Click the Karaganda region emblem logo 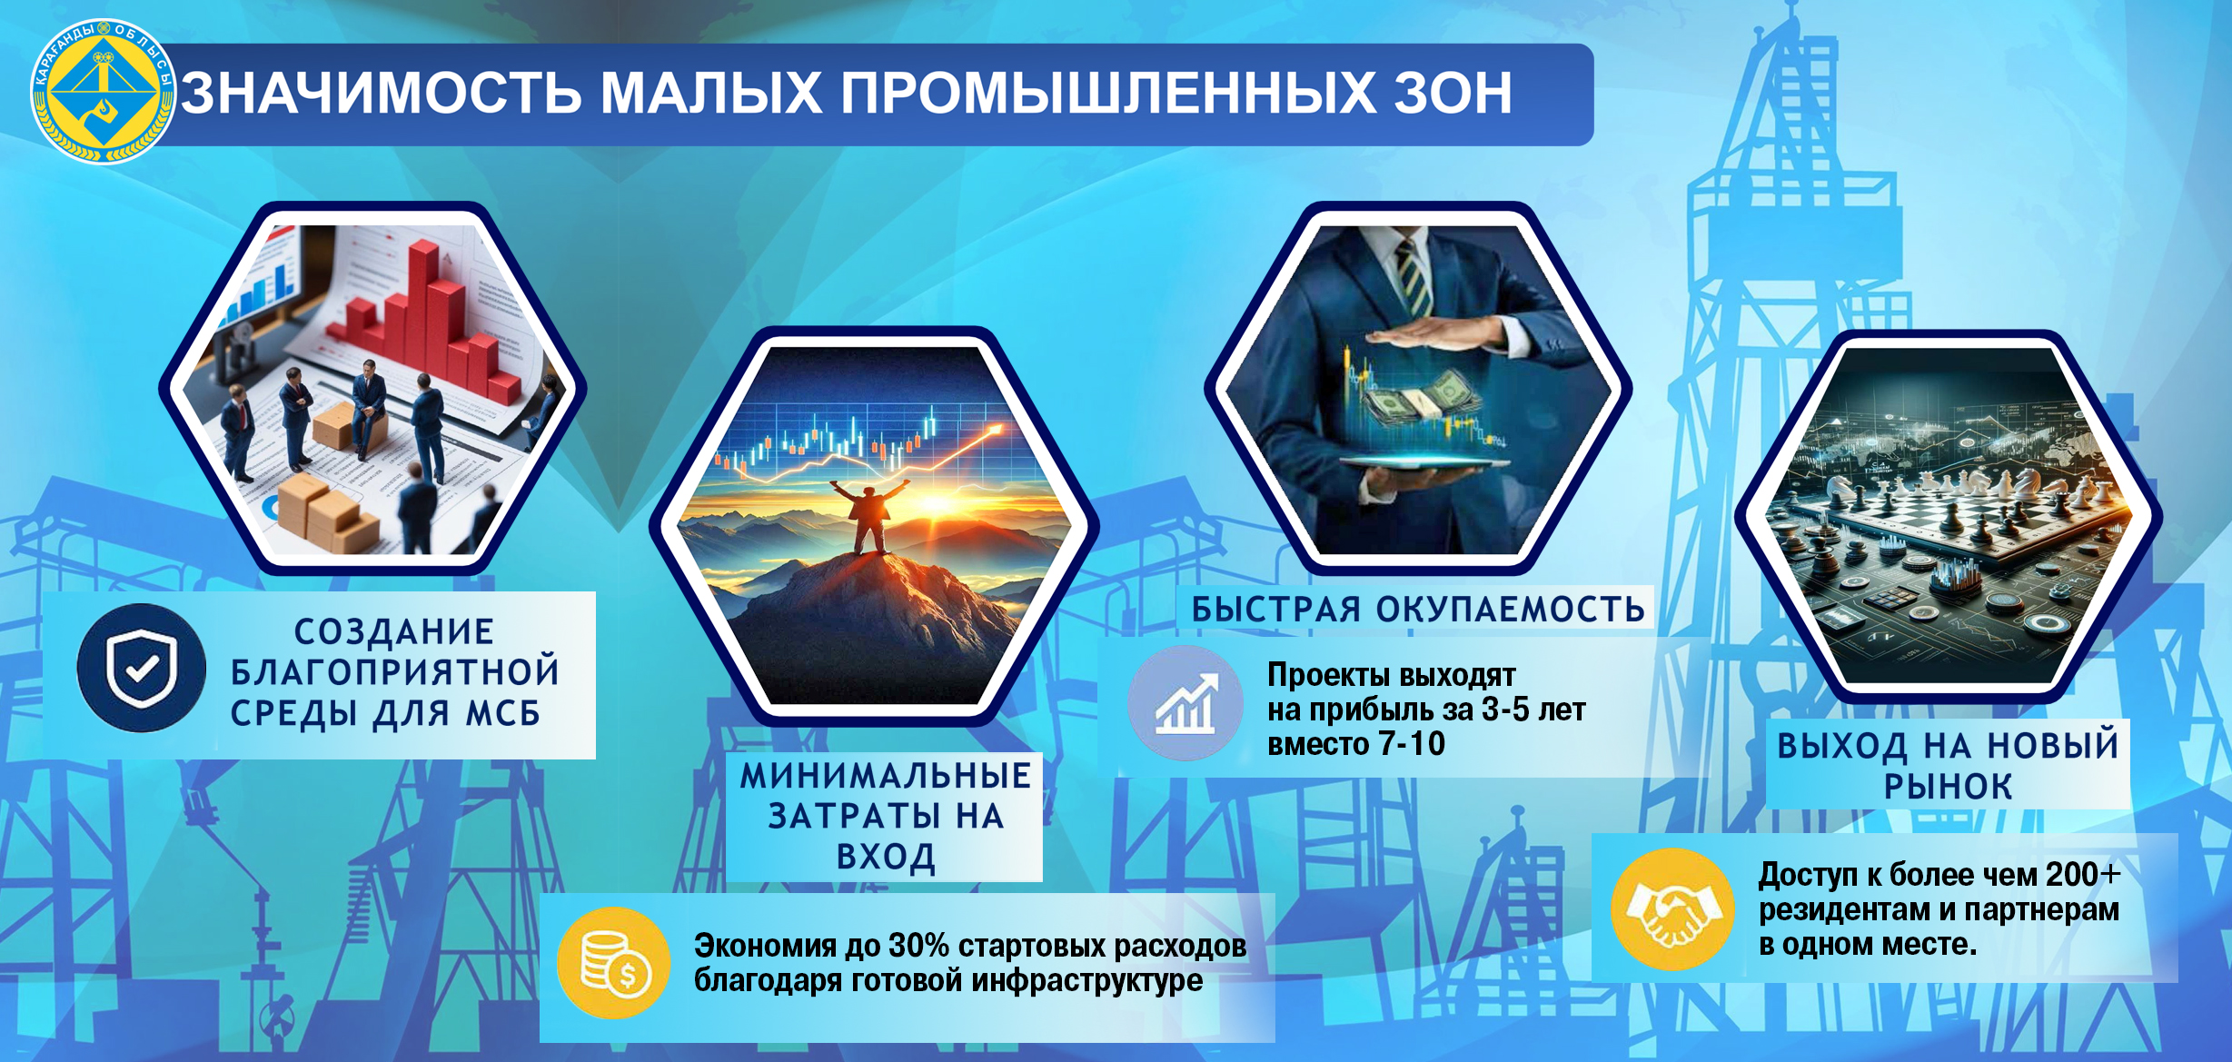[103, 92]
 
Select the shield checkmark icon [141, 668]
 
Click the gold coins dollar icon [614, 963]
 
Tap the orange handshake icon [1672, 908]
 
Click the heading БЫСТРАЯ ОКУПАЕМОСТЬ [1418, 609]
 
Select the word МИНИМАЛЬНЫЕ [886, 776]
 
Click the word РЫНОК [1949, 787]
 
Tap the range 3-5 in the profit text [1505, 710]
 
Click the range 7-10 [1412, 744]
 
